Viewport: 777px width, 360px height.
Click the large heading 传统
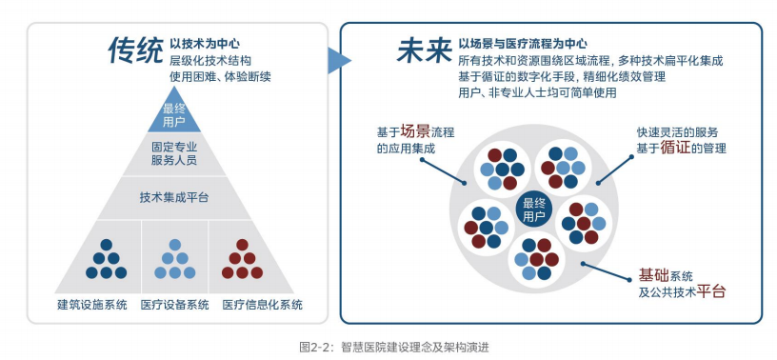[135, 50]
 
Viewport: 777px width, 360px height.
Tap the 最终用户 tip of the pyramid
[174, 115]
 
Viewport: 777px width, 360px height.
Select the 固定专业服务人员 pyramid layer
[174, 155]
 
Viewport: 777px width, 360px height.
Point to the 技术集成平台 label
[174, 198]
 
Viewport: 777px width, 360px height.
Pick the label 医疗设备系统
[174, 305]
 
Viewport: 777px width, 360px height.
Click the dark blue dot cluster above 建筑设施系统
[104, 258]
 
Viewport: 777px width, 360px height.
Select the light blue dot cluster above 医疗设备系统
[174, 258]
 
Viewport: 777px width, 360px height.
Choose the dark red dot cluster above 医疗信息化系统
[242, 258]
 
